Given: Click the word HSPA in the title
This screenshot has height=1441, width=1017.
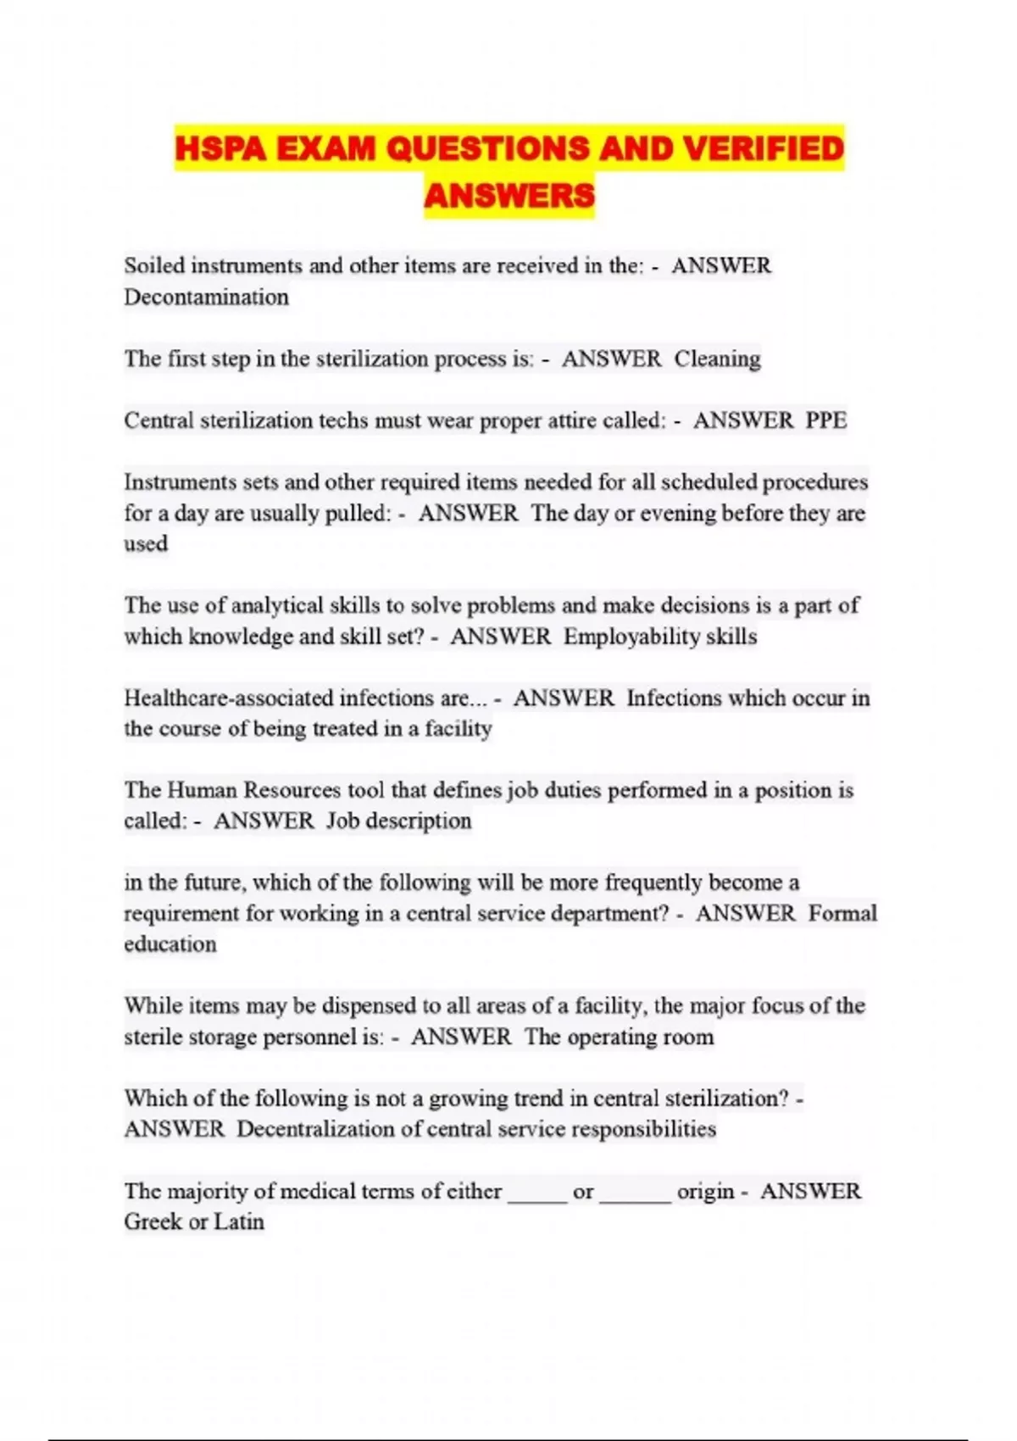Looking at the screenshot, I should [x=220, y=149].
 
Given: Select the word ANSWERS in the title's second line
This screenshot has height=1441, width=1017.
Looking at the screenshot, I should [x=508, y=196].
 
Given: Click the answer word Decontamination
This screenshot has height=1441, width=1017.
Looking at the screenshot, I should [x=206, y=298].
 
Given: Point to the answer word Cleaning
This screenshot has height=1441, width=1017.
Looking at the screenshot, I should [x=717, y=359].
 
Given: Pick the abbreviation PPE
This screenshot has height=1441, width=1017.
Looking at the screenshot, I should [x=825, y=420].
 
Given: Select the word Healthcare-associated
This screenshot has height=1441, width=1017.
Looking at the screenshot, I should [x=229, y=698].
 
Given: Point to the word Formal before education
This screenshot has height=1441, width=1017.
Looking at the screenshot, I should [x=842, y=914].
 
